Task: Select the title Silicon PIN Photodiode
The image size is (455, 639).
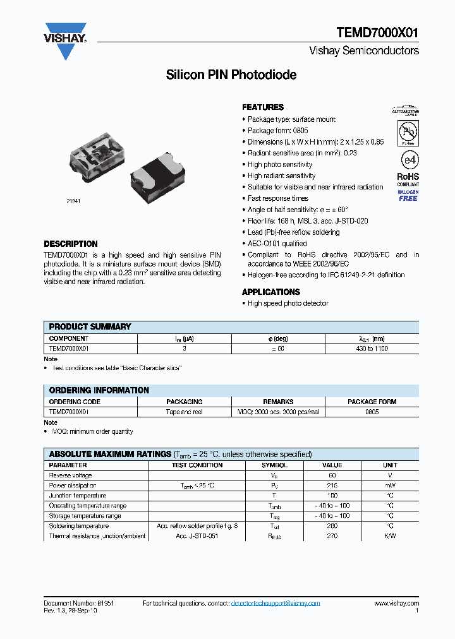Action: click(x=231, y=75)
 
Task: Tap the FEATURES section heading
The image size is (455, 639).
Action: click(x=263, y=107)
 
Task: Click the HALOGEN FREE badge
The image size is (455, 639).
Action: click(x=408, y=195)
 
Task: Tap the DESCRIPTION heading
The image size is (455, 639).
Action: click(x=71, y=244)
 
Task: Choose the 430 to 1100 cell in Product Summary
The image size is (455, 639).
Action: click(x=372, y=349)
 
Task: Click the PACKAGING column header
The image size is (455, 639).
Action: click(x=185, y=402)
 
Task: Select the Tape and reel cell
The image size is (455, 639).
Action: click(x=185, y=412)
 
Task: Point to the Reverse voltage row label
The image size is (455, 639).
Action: click(x=71, y=475)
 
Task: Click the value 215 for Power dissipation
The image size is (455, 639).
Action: click(x=332, y=486)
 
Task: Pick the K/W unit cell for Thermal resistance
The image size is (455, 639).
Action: click(x=390, y=536)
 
